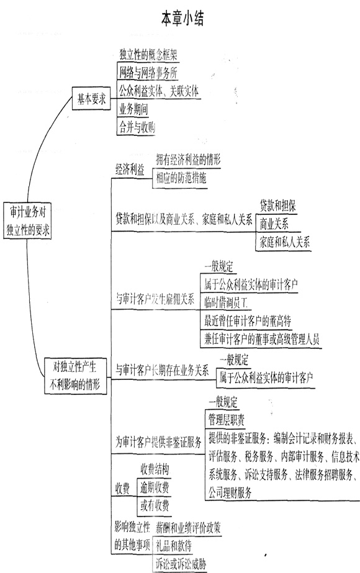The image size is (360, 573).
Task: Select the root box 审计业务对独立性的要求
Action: [27, 221]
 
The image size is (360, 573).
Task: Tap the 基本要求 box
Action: [91, 98]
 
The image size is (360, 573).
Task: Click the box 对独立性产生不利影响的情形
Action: [75, 376]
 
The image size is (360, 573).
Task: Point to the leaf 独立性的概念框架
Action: [148, 55]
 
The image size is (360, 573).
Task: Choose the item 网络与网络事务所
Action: [148, 73]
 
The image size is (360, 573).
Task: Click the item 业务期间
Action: [133, 109]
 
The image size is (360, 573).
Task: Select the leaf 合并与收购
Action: [137, 127]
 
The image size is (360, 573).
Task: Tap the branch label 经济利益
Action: [130, 169]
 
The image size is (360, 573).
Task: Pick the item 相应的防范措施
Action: [181, 178]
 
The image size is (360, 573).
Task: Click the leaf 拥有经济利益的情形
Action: [188, 160]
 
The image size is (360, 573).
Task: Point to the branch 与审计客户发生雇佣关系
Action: [155, 299]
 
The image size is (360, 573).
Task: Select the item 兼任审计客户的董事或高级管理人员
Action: [262, 339]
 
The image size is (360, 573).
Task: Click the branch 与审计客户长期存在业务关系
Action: [162, 370]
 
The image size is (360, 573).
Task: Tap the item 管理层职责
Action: [227, 420]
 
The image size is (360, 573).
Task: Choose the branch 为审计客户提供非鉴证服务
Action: [158, 442]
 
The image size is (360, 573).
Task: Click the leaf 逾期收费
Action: [155, 487]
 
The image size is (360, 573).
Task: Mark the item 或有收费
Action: [155, 506]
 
